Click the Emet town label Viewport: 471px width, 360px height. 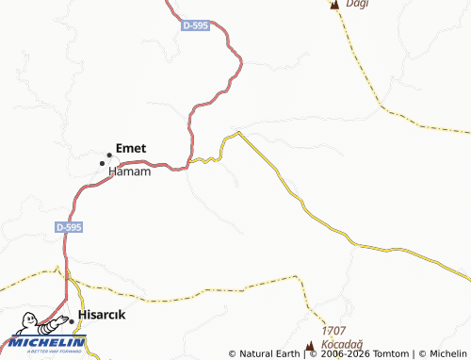coord(131,148)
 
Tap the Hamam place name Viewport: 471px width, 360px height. coord(130,172)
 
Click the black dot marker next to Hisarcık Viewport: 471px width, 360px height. coord(72,320)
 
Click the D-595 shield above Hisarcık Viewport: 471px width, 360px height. coord(69,227)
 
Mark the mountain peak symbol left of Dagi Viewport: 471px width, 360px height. coord(333,5)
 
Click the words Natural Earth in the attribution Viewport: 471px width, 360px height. coord(269,354)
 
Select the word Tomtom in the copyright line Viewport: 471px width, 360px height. coord(390,354)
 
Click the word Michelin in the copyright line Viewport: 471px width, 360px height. coord(447,354)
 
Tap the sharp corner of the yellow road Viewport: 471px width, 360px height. coord(239,132)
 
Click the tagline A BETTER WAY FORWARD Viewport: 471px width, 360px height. coord(43,351)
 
